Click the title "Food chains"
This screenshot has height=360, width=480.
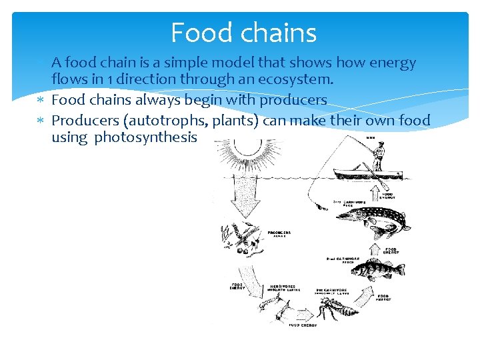coord(243,33)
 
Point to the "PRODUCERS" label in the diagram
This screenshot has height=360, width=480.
coord(279,233)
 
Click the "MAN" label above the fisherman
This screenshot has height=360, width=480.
coord(369,137)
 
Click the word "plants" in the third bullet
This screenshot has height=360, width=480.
coord(243,121)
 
